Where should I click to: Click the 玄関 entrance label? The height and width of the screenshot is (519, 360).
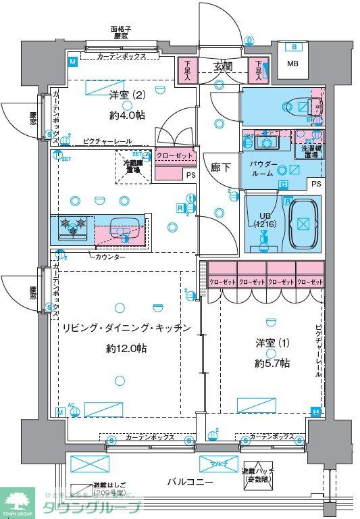(223, 66)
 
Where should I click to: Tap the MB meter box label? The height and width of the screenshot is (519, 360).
(292, 64)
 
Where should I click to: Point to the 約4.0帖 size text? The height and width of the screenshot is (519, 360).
(127, 116)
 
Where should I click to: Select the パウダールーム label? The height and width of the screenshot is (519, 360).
(262, 169)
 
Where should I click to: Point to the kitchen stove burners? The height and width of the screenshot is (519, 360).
(73, 226)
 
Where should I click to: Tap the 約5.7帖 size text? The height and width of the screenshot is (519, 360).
(272, 363)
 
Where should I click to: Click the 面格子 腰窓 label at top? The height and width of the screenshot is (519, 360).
(121, 33)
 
